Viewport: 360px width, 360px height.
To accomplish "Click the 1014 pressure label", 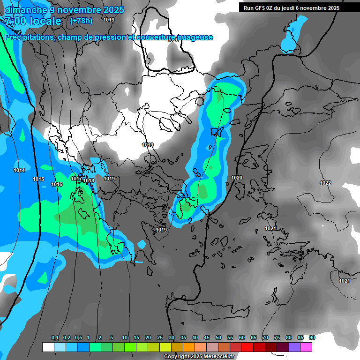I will tap(19, 170).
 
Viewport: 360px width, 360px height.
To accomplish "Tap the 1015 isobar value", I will tap(38, 179).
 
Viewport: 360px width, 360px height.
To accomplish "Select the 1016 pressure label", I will tap(57, 184).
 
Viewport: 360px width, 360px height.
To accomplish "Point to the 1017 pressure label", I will tap(76, 179).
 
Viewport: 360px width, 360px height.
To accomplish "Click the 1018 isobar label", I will tap(89, 180).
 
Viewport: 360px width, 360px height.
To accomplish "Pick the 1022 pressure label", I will tap(325, 183).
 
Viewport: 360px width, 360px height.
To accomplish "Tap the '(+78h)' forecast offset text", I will tap(81, 21).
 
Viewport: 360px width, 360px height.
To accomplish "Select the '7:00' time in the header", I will tap(15, 21).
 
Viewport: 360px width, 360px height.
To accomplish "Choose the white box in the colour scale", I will tap(48, 347).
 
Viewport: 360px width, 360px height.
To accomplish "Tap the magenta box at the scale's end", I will tap(306, 347).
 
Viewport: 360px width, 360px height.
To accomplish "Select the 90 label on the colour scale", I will tap(312, 337).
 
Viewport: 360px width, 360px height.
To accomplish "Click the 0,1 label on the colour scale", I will tap(54, 337).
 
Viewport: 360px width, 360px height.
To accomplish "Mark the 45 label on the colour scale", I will tap(207, 337).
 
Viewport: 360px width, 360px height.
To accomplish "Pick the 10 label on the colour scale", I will tap(125, 337).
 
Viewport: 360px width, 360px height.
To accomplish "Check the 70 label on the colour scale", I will tap(265, 337).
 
